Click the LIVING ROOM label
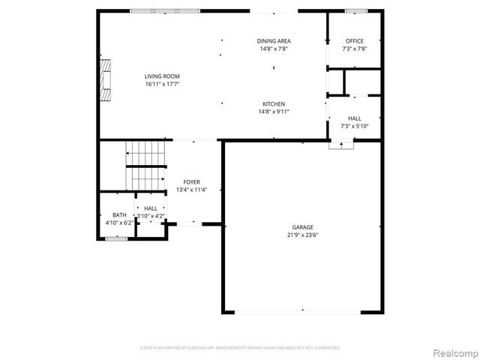point(162,76)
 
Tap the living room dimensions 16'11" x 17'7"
point(162,84)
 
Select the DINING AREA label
point(274,40)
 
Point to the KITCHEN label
point(274,103)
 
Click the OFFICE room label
point(355,40)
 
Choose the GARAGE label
point(303,226)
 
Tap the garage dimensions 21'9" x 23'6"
point(303,235)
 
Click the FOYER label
point(192,181)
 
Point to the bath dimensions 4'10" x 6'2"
point(118,223)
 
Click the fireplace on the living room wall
point(107,79)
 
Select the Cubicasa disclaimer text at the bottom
point(240,348)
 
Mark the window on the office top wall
point(356,10)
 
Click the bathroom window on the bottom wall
point(116,238)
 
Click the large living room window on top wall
point(164,10)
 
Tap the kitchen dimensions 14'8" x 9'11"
point(274,112)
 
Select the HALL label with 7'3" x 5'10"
point(355,121)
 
